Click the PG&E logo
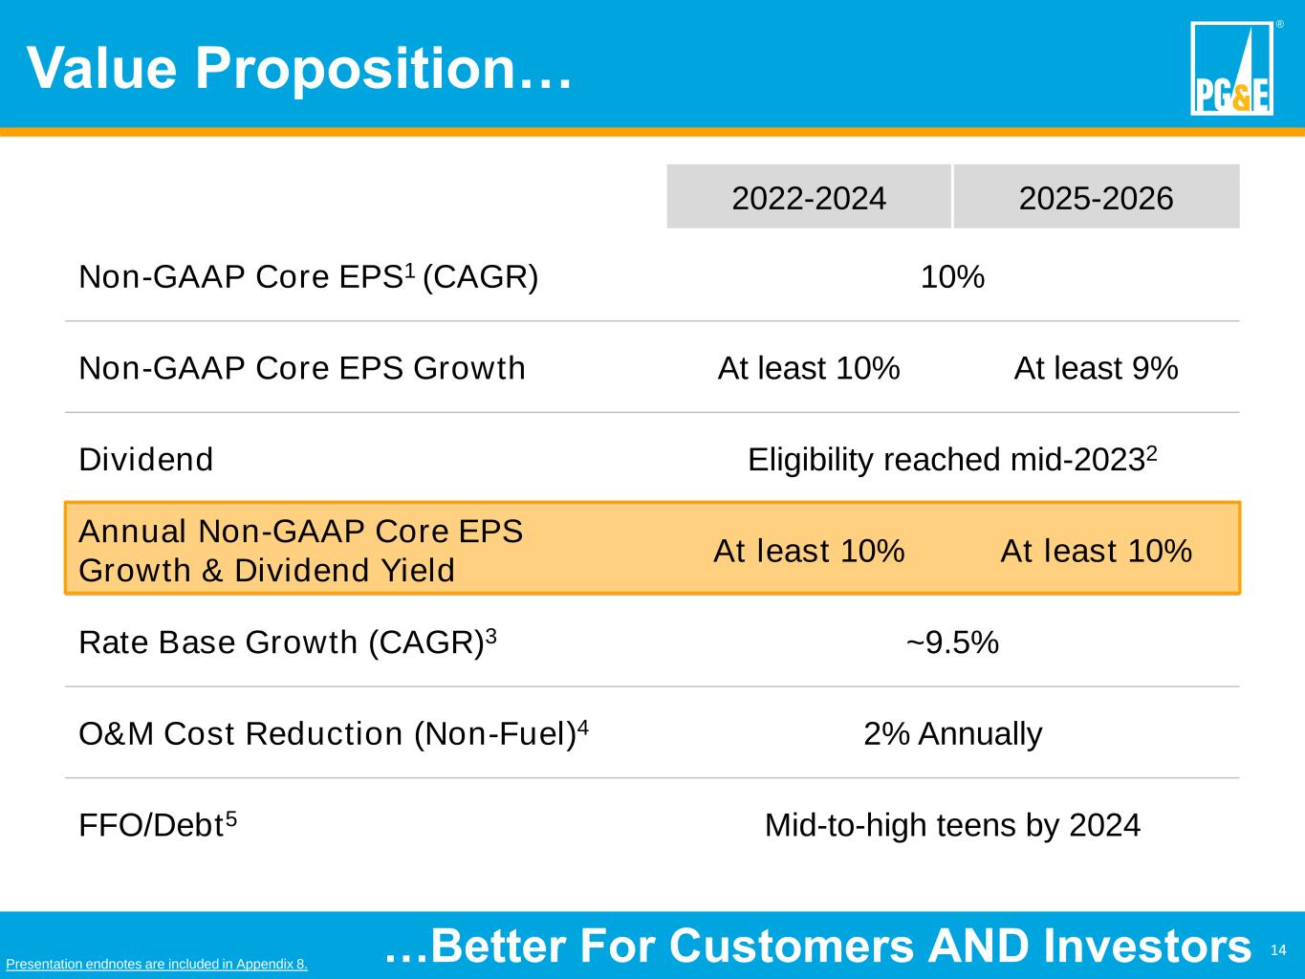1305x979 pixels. (1231, 69)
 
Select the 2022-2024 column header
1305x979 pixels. (809, 198)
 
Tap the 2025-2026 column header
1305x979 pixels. (1096, 198)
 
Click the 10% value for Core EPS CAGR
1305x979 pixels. (952, 277)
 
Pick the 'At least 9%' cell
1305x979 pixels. (1096, 368)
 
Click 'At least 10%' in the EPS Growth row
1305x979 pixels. (809, 368)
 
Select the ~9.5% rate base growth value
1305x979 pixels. (952, 642)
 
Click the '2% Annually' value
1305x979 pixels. (952, 734)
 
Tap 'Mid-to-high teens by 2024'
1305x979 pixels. (952, 825)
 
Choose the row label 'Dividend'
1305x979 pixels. (145, 460)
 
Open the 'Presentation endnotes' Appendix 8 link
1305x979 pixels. (157, 964)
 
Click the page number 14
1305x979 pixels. (1278, 949)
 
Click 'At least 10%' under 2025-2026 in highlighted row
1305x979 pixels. (1096, 551)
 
